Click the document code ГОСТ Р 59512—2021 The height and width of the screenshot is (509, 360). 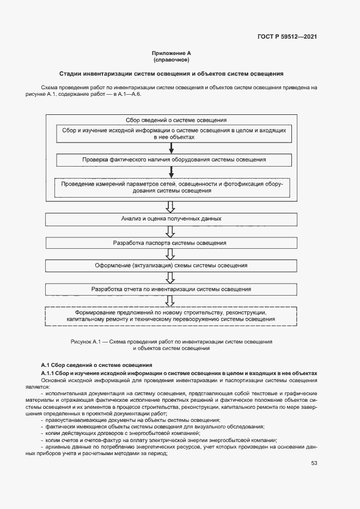pos(287,37)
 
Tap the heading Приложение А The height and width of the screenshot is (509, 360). pos(171,53)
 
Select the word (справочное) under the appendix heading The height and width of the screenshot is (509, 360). pos(171,59)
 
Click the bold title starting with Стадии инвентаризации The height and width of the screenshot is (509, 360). pos(171,73)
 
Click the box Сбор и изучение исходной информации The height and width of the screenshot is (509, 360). pos(172,134)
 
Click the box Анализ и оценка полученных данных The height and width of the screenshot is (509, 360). pos(171,219)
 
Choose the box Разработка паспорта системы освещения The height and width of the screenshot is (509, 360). pos(170,243)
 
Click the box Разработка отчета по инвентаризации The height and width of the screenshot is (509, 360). pos(171,290)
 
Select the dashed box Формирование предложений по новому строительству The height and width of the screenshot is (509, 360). pos(171,317)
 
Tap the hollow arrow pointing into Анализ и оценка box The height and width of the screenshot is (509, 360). pos(170,207)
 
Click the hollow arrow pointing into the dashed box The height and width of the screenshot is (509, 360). pos(170,302)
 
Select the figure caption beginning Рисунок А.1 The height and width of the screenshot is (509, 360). pos(171,344)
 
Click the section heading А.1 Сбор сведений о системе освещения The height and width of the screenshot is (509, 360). pos(96,364)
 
